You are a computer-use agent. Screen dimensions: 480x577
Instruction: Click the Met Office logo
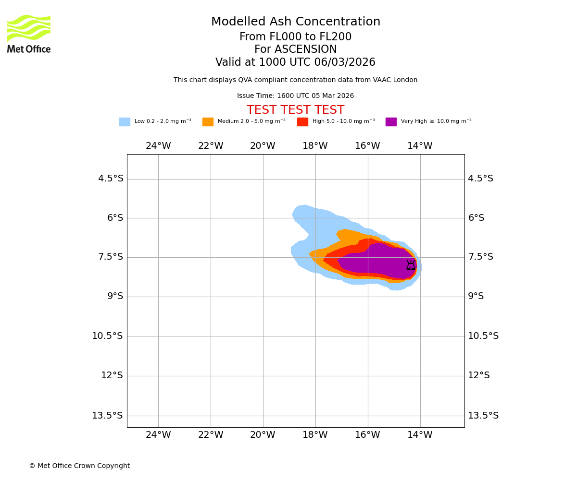[29, 34]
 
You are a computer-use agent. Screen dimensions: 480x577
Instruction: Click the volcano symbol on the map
[411, 265]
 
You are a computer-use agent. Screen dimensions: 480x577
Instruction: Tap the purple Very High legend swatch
[391, 122]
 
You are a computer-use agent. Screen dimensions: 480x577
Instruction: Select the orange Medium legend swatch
[208, 122]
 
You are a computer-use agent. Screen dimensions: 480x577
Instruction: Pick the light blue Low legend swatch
[125, 122]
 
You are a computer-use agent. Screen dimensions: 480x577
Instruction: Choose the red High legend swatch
[302, 122]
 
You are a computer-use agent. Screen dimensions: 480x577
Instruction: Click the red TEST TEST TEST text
[295, 110]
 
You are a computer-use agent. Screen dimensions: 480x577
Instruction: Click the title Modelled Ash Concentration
[296, 22]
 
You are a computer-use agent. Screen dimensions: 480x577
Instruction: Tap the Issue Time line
[295, 96]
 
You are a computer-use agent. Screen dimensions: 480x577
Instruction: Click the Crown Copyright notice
[79, 466]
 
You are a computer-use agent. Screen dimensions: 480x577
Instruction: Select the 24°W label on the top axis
[158, 146]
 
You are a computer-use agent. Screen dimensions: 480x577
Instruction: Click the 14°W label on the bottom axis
[420, 435]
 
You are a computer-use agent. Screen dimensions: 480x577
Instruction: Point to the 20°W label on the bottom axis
[263, 435]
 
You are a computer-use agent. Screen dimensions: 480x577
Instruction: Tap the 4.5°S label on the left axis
[111, 179]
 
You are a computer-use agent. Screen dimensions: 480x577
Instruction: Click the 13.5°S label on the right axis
[483, 416]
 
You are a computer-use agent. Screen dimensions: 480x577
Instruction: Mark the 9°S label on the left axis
[114, 296]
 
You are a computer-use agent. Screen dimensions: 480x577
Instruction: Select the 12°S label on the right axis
[479, 375]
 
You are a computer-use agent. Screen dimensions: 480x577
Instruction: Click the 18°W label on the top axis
[315, 146]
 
